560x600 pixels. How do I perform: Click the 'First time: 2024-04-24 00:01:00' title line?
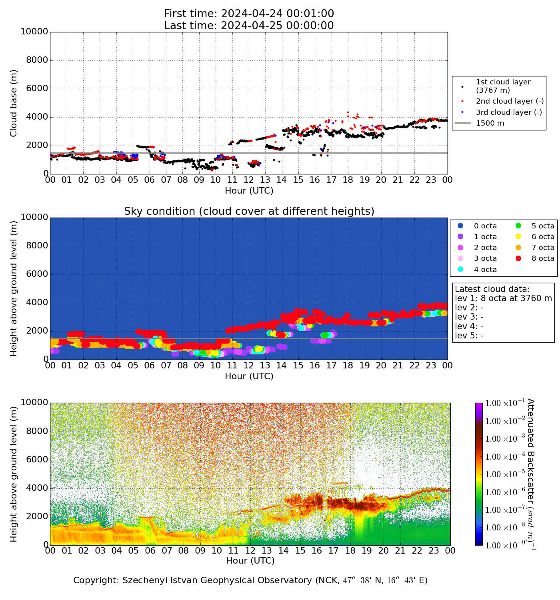249,14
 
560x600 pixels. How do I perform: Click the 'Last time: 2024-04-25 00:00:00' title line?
249,26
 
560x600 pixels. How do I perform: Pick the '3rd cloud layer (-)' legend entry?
508,112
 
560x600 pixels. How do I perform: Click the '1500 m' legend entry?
490,123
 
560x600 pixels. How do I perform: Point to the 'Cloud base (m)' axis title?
14,103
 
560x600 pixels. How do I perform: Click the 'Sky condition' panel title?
249,211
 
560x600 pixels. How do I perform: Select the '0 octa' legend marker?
460,226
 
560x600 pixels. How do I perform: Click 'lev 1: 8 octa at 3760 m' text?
503,298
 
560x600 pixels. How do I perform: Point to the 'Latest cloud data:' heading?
492,289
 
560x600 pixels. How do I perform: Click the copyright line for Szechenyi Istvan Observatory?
250,580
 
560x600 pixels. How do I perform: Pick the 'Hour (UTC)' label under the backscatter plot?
250,561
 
